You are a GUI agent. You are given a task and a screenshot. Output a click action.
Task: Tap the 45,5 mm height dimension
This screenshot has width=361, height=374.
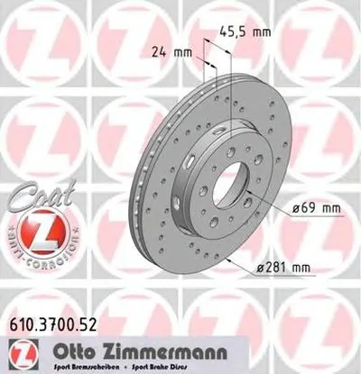[x=246, y=32]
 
